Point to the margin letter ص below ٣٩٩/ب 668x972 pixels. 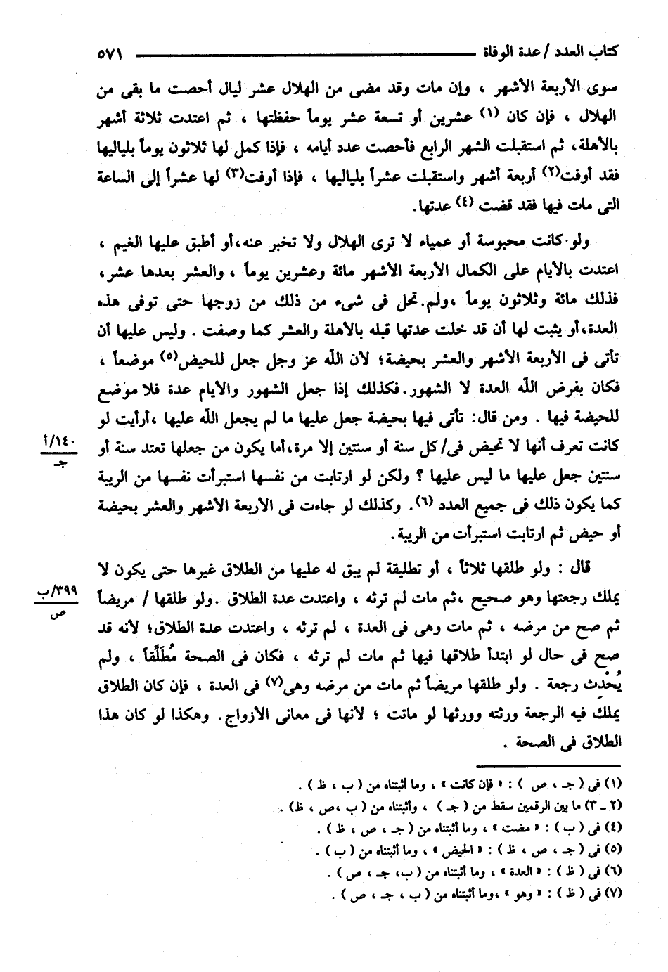[x=60, y=612]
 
